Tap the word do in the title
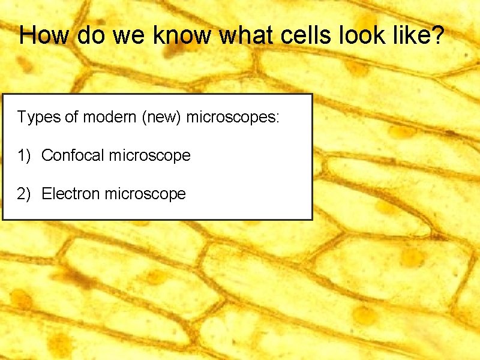(x=91, y=35)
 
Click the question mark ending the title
(x=438, y=35)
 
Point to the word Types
(x=39, y=117)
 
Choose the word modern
(x=109, y=117)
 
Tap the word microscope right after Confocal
(x=150, y=156)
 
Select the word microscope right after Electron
(x=145, y=194)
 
